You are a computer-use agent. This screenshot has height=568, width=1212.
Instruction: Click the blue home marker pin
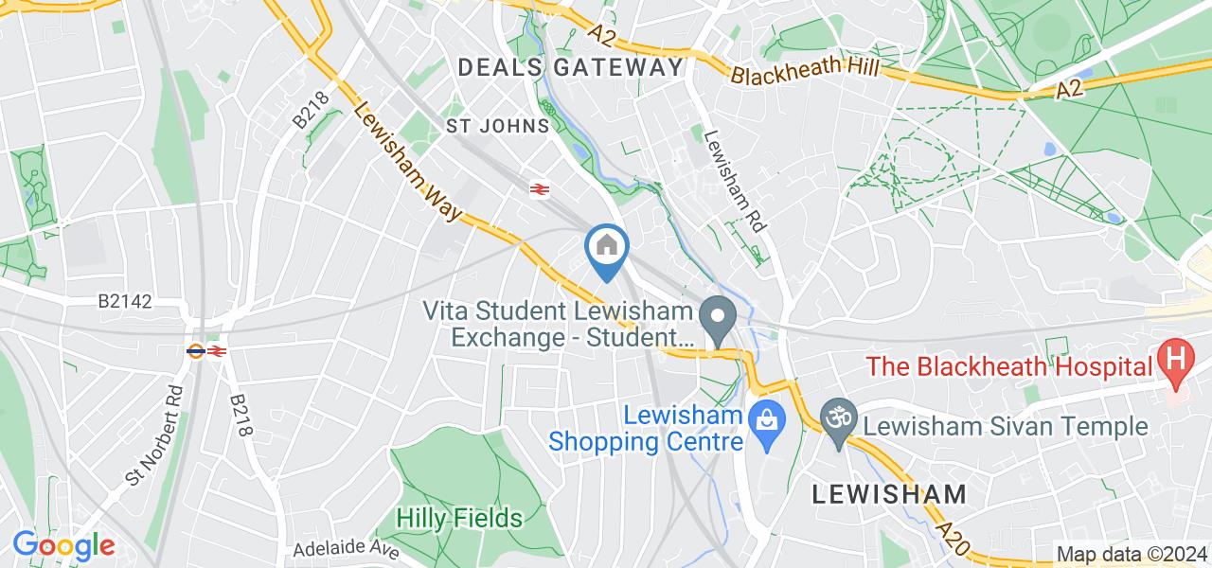[606, 248]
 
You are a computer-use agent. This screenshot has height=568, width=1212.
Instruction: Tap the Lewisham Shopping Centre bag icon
[764, 417]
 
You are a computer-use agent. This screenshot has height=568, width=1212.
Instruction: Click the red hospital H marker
[1176, 362]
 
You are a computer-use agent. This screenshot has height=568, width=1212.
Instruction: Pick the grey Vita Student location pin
[719, 318]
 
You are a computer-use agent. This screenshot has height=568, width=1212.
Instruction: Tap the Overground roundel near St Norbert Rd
[196, 351]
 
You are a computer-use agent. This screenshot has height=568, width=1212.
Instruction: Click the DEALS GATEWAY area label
[570, 67]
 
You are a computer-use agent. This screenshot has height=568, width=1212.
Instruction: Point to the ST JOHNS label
[498, 126]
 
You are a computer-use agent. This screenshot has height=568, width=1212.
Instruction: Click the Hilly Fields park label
[459, 518]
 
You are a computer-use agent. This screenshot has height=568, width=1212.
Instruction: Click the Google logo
[63, 545]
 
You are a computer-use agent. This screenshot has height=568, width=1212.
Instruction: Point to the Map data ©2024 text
[1132, 555]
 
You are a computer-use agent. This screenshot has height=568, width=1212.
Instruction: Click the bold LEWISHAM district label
[890, 493]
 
